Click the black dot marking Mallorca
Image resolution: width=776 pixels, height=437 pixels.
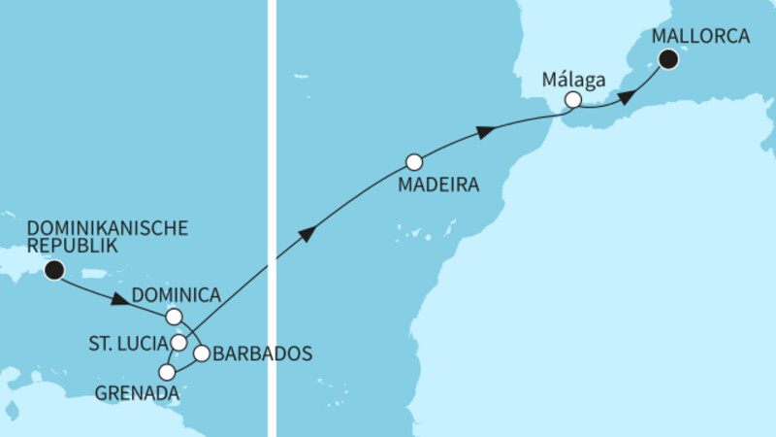668,59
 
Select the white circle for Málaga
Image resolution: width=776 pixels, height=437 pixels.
573,99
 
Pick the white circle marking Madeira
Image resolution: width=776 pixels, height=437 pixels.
414,161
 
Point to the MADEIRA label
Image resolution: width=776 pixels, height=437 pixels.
437,185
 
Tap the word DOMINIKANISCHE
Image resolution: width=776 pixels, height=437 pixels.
107,229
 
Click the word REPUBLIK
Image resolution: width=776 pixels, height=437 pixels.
73,247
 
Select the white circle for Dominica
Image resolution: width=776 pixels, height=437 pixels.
173,316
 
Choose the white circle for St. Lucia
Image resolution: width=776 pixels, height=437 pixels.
178,342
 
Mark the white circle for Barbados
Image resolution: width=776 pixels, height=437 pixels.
201,353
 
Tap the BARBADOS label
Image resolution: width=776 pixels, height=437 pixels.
263,353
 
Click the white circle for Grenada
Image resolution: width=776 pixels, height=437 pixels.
167,372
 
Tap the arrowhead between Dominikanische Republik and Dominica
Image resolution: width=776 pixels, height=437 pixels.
119,300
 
